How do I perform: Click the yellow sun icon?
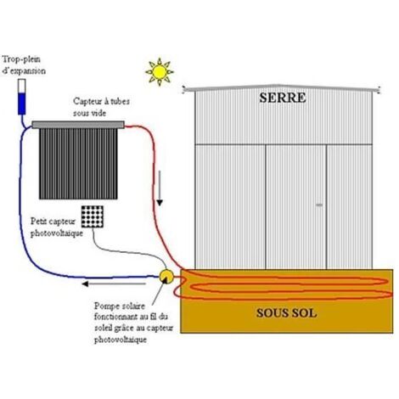coord(160,71)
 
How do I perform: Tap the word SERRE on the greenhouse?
coord(283,98)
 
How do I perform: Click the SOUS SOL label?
coord(286,313)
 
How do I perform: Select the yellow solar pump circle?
coord(166,276)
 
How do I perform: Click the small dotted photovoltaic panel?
coord(93,216)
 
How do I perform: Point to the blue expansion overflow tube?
coord(22,97)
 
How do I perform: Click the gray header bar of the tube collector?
coord(78,125)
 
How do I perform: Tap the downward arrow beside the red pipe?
coord(160,188)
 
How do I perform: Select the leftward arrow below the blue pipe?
coord(114,284)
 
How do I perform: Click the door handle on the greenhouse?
coord(319,205)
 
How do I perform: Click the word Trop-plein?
coord(21,59)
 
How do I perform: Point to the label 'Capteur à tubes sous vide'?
coord(101,107)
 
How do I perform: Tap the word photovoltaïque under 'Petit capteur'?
coord(57,233)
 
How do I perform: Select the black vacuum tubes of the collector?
coord(78,164)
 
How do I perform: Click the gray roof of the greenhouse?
coord(282,88)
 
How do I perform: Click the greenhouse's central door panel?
coord(295,206)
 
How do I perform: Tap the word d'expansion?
coord(24,70)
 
